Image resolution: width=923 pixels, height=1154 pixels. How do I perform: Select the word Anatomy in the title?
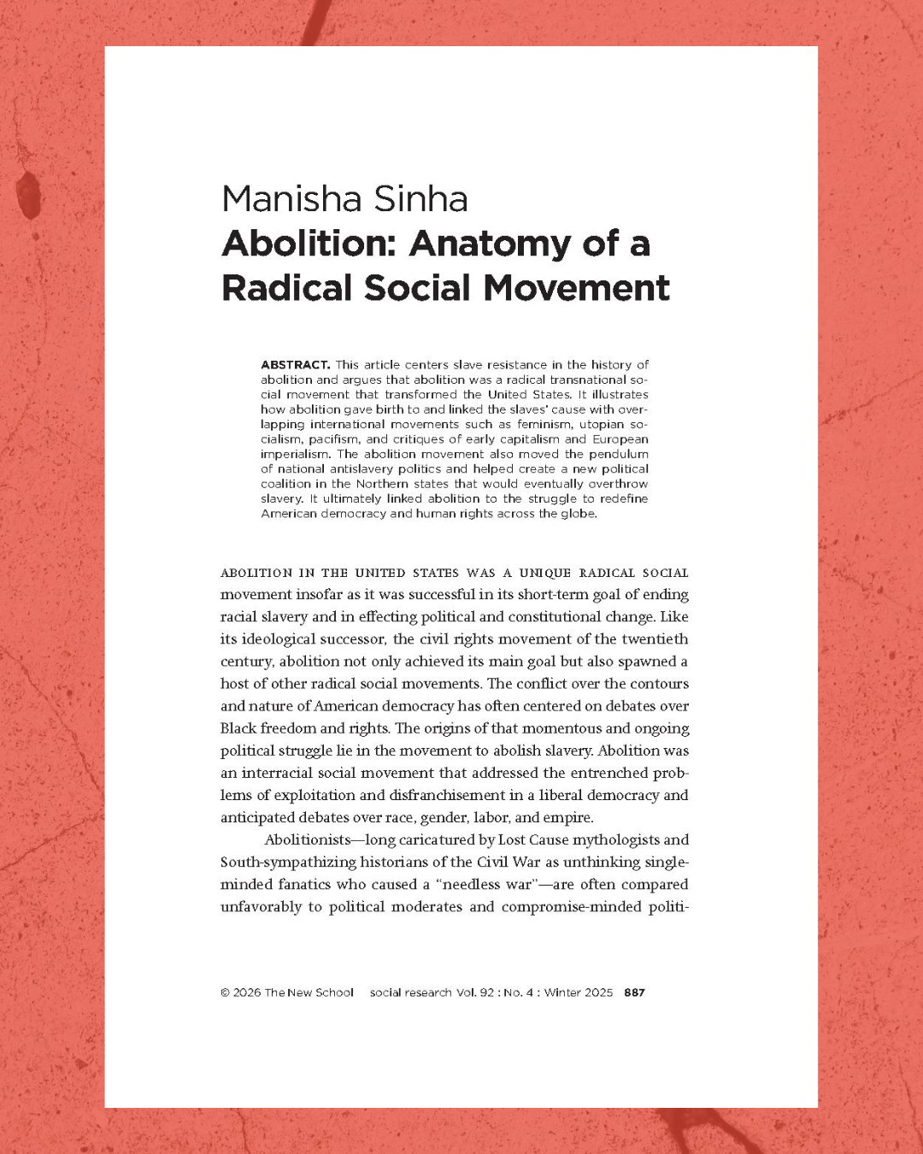pyautogui.click(x=488, y=244)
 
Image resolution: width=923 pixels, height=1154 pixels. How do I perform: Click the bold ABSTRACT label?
pyautogui.click(x=295, y=365)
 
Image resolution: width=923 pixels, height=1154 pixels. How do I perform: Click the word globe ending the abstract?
pyautogui.click(x=577, y=514)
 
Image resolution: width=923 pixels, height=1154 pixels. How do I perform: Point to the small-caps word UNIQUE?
pyautogui.click(x=544, y=573)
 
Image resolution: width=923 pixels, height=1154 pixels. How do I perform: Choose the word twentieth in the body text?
pyautogui.click(x=655, y=639)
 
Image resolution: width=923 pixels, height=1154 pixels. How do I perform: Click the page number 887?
pyautogui.click(x=634, y=993)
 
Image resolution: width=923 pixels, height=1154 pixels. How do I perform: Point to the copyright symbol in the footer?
pyautogui.click(x=225, y=993)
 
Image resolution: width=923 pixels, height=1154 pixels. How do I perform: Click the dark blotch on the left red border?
pyautogui.click(x=29, y=192)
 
